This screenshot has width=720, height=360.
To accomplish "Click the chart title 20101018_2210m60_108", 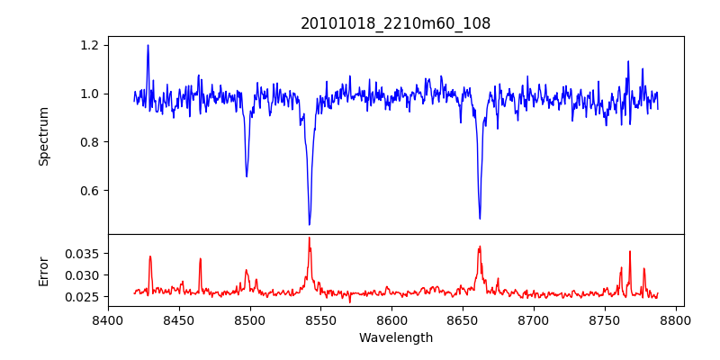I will [396, 23].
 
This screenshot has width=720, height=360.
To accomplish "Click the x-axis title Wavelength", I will [396, 338].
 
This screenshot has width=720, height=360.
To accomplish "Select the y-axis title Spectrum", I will [43, 136].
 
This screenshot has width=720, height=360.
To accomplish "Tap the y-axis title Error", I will [43, 271].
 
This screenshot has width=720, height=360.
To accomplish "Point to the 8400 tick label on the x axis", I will [108, 319].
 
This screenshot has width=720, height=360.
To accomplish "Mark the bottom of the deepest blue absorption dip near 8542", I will [310, 224].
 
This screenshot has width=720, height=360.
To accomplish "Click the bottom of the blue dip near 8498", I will [247, 176].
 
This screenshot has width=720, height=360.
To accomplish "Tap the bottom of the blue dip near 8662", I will [480, 218].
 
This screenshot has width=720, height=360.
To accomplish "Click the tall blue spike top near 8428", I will [148, 45].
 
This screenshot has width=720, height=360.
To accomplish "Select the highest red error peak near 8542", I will [309, 238].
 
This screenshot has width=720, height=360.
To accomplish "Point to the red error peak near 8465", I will [201, 259].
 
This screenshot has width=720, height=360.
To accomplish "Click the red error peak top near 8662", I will [480, 247].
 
